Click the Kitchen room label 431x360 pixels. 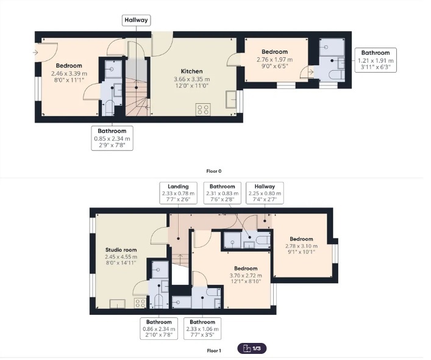coord(191,71)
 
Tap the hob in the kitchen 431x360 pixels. coord(203,109)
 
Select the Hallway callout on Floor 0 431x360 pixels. coord(136,20)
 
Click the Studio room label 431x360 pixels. coord(121,250)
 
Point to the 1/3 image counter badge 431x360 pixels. coord(252,348)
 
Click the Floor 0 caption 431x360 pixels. coord(214,171)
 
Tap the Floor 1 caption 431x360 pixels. coord(214,351)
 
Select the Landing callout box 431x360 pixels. coord(178,193)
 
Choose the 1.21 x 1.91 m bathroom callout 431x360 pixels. coord(376,60)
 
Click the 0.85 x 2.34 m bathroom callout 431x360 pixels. coord(112,138)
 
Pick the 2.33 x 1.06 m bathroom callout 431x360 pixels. coord(202,329)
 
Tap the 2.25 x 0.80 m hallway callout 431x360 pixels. coord(265,193)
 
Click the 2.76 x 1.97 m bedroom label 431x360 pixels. coord(274,59)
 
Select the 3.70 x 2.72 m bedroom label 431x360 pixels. coord(246,275)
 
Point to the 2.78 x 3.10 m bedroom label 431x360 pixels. coord(301,245)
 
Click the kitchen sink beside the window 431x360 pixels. coord(231,99)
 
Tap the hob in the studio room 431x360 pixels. coord(140,303)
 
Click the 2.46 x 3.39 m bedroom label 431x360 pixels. coord(69,73)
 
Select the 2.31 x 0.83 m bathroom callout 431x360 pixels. coord(223,193)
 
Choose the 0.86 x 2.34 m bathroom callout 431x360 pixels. coord(159,329)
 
